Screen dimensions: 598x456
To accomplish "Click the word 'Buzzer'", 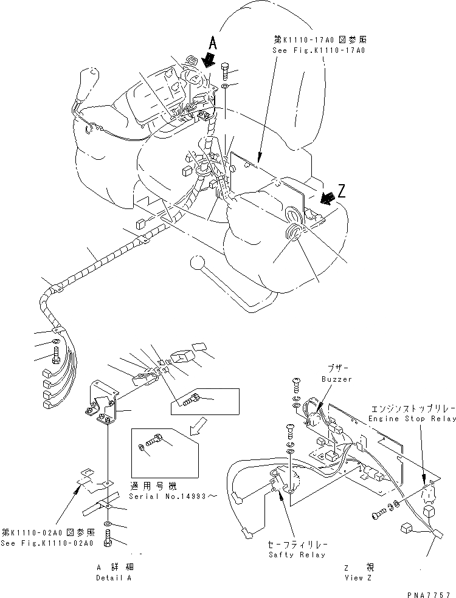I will (x=337, y=379).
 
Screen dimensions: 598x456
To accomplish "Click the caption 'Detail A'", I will (x=114, y=577).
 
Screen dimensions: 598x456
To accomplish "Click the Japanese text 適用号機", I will (x=150, y=486).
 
